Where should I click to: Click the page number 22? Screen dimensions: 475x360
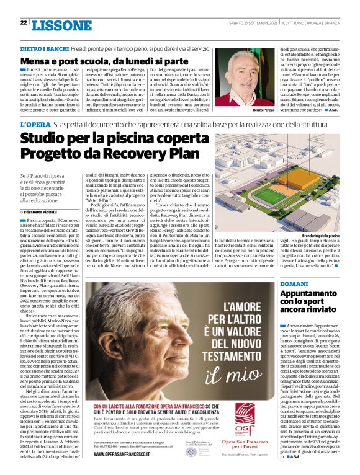24,23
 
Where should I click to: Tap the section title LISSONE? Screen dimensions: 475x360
61,25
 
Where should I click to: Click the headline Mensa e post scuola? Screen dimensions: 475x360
104,61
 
